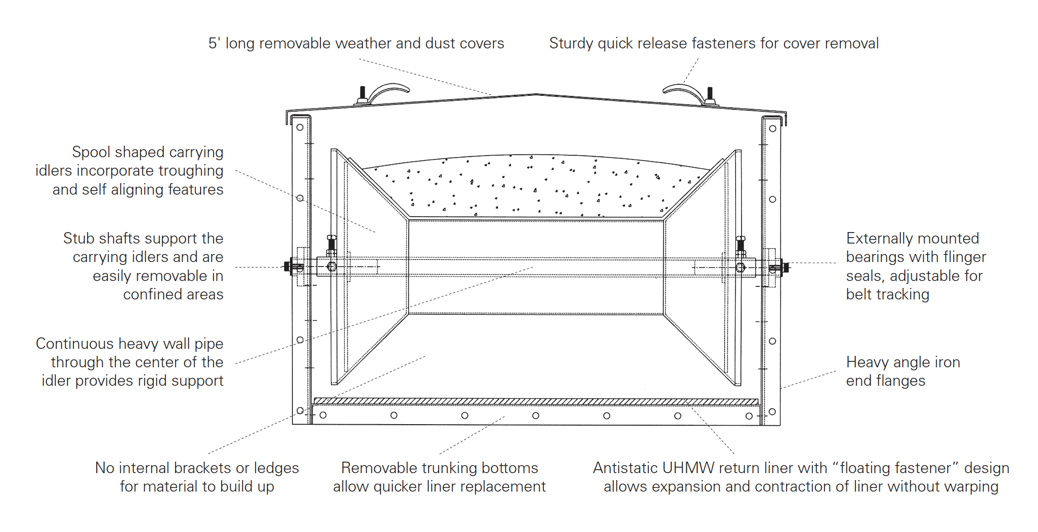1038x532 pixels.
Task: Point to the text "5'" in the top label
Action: [x=214, y=43]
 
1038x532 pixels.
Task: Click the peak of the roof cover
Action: [x=535, y=94]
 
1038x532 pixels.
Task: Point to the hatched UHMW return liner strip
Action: [x=535, y=401]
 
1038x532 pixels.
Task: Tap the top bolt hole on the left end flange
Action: [x=300, y=127]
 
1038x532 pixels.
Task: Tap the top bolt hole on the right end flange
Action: [x=773, y=128]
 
